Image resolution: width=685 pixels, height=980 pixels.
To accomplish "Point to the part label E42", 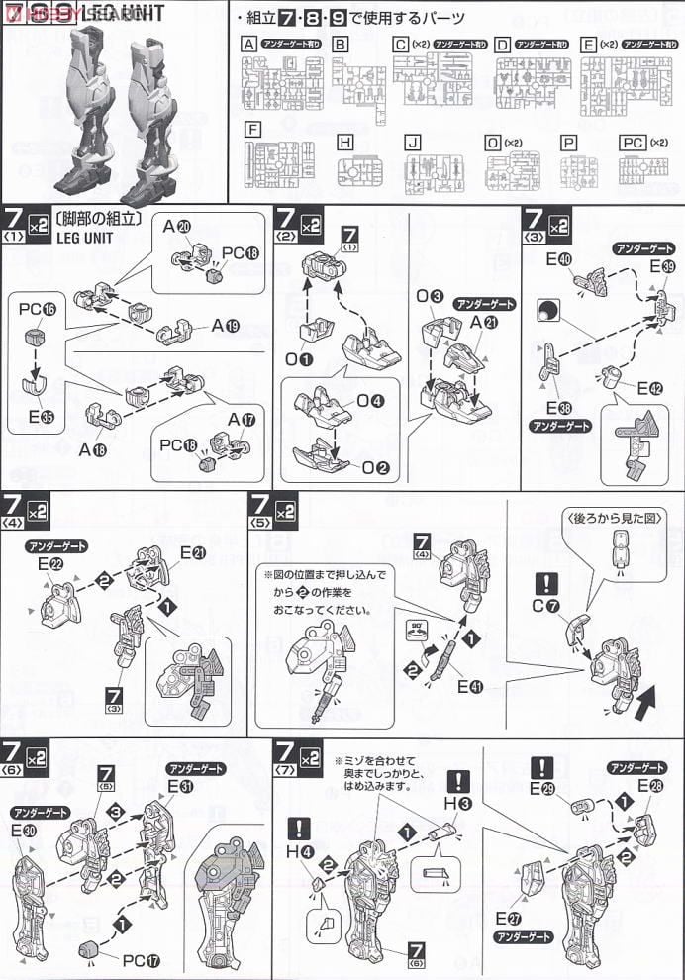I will pos(647,388).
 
